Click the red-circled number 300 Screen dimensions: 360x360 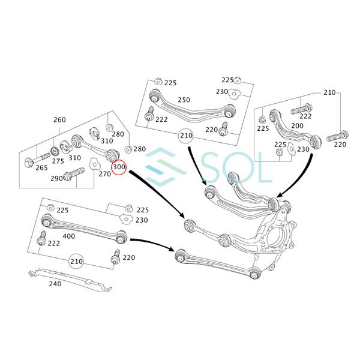point(118,166)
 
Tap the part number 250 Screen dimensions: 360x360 point(184,100)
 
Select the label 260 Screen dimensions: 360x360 point(59,120)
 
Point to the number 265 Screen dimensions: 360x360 point(41,169)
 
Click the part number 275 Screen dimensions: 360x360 point(58,161)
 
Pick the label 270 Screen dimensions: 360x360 point(104,174)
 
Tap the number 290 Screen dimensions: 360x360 point(56,179)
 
